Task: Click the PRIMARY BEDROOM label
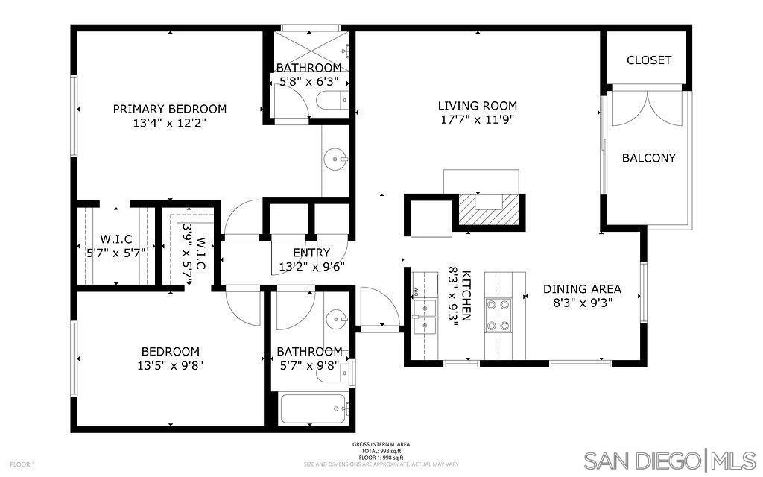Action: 169,109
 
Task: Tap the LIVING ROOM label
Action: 477,106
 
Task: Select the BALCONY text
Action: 648,158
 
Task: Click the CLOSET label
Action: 648,60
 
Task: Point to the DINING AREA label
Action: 581,289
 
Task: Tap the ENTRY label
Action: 311,253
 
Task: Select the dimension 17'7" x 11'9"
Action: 477,119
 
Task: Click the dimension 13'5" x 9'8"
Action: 171,365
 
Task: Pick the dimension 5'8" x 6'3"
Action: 308,81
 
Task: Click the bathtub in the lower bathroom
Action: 314,408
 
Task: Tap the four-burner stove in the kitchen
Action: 497,315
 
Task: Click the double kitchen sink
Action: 424,316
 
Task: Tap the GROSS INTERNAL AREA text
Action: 381,444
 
